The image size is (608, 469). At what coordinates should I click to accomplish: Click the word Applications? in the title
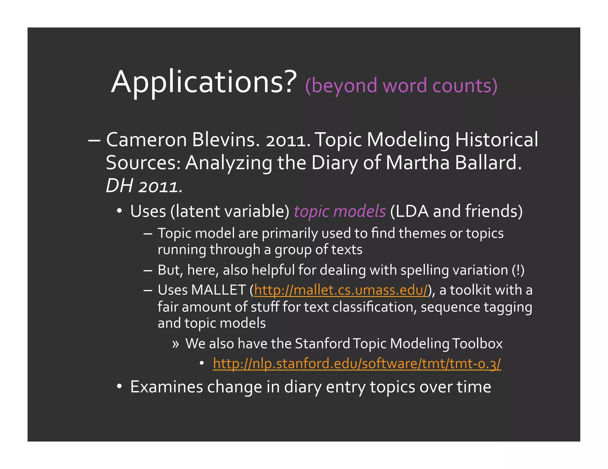[x=204, y=82]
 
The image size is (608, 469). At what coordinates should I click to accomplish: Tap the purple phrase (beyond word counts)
[x=401, y=86]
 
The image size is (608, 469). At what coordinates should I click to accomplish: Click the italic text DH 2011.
[x=144, y=186]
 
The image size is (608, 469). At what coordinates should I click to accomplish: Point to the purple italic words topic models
[x=340, y=211]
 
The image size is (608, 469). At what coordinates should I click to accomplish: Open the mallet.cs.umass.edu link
[x=341, y=290]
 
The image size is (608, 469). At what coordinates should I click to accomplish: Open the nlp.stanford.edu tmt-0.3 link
[x=357, y=363]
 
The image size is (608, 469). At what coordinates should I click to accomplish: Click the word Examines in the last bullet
[x=166, y=387]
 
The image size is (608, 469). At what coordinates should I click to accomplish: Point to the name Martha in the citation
[x=417, y=163]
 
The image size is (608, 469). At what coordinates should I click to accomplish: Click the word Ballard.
[x=488, y=163]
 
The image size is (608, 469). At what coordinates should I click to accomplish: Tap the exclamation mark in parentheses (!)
[x=518, y=270]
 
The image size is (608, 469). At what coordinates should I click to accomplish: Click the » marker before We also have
[x=175, y=344]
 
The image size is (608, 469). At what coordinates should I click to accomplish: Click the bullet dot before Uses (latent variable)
[x=119, y=211]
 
